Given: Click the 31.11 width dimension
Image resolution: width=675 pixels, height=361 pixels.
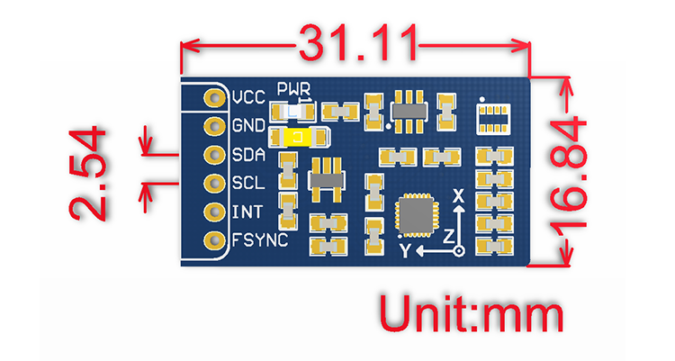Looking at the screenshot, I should (358, 41).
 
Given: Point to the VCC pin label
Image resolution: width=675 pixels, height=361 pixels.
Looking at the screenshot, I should (247, 97).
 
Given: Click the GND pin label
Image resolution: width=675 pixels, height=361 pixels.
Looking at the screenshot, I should (248, 125).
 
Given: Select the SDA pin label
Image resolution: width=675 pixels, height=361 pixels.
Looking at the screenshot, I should (248, 154).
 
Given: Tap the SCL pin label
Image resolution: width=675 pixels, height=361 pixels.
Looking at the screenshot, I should (248, 183).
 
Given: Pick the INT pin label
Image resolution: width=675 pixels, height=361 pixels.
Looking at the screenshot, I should (247, 212).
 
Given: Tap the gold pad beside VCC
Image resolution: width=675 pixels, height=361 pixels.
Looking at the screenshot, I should (214, 97).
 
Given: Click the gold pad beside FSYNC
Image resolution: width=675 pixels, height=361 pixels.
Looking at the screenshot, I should (214, 240).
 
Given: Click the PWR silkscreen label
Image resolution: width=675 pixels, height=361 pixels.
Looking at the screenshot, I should (294, 89).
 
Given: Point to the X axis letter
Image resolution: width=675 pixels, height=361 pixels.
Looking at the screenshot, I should (457, 195).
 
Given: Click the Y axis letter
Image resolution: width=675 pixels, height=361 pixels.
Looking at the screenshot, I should (405, 248).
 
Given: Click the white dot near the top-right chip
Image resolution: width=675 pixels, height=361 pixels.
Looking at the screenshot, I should (484, 97).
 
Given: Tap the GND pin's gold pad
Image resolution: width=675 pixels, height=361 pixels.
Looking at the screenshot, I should (214, 125).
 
